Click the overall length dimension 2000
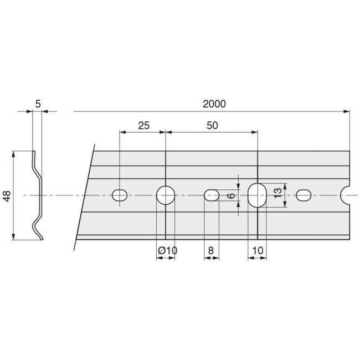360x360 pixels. (214, 104)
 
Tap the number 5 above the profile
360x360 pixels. (38, 104)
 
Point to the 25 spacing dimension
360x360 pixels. (143, 125)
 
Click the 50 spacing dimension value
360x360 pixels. (212, 125)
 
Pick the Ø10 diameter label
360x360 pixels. (167, 250)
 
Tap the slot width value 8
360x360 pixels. (212, 250)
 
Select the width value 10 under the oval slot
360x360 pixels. (257, 250)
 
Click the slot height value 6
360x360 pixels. (232, 195)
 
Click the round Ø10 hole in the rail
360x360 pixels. (166, 195)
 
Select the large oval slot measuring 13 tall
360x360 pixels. (256, 195)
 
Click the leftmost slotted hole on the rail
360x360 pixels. (120, 195)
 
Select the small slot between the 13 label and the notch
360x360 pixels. (304, 195)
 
